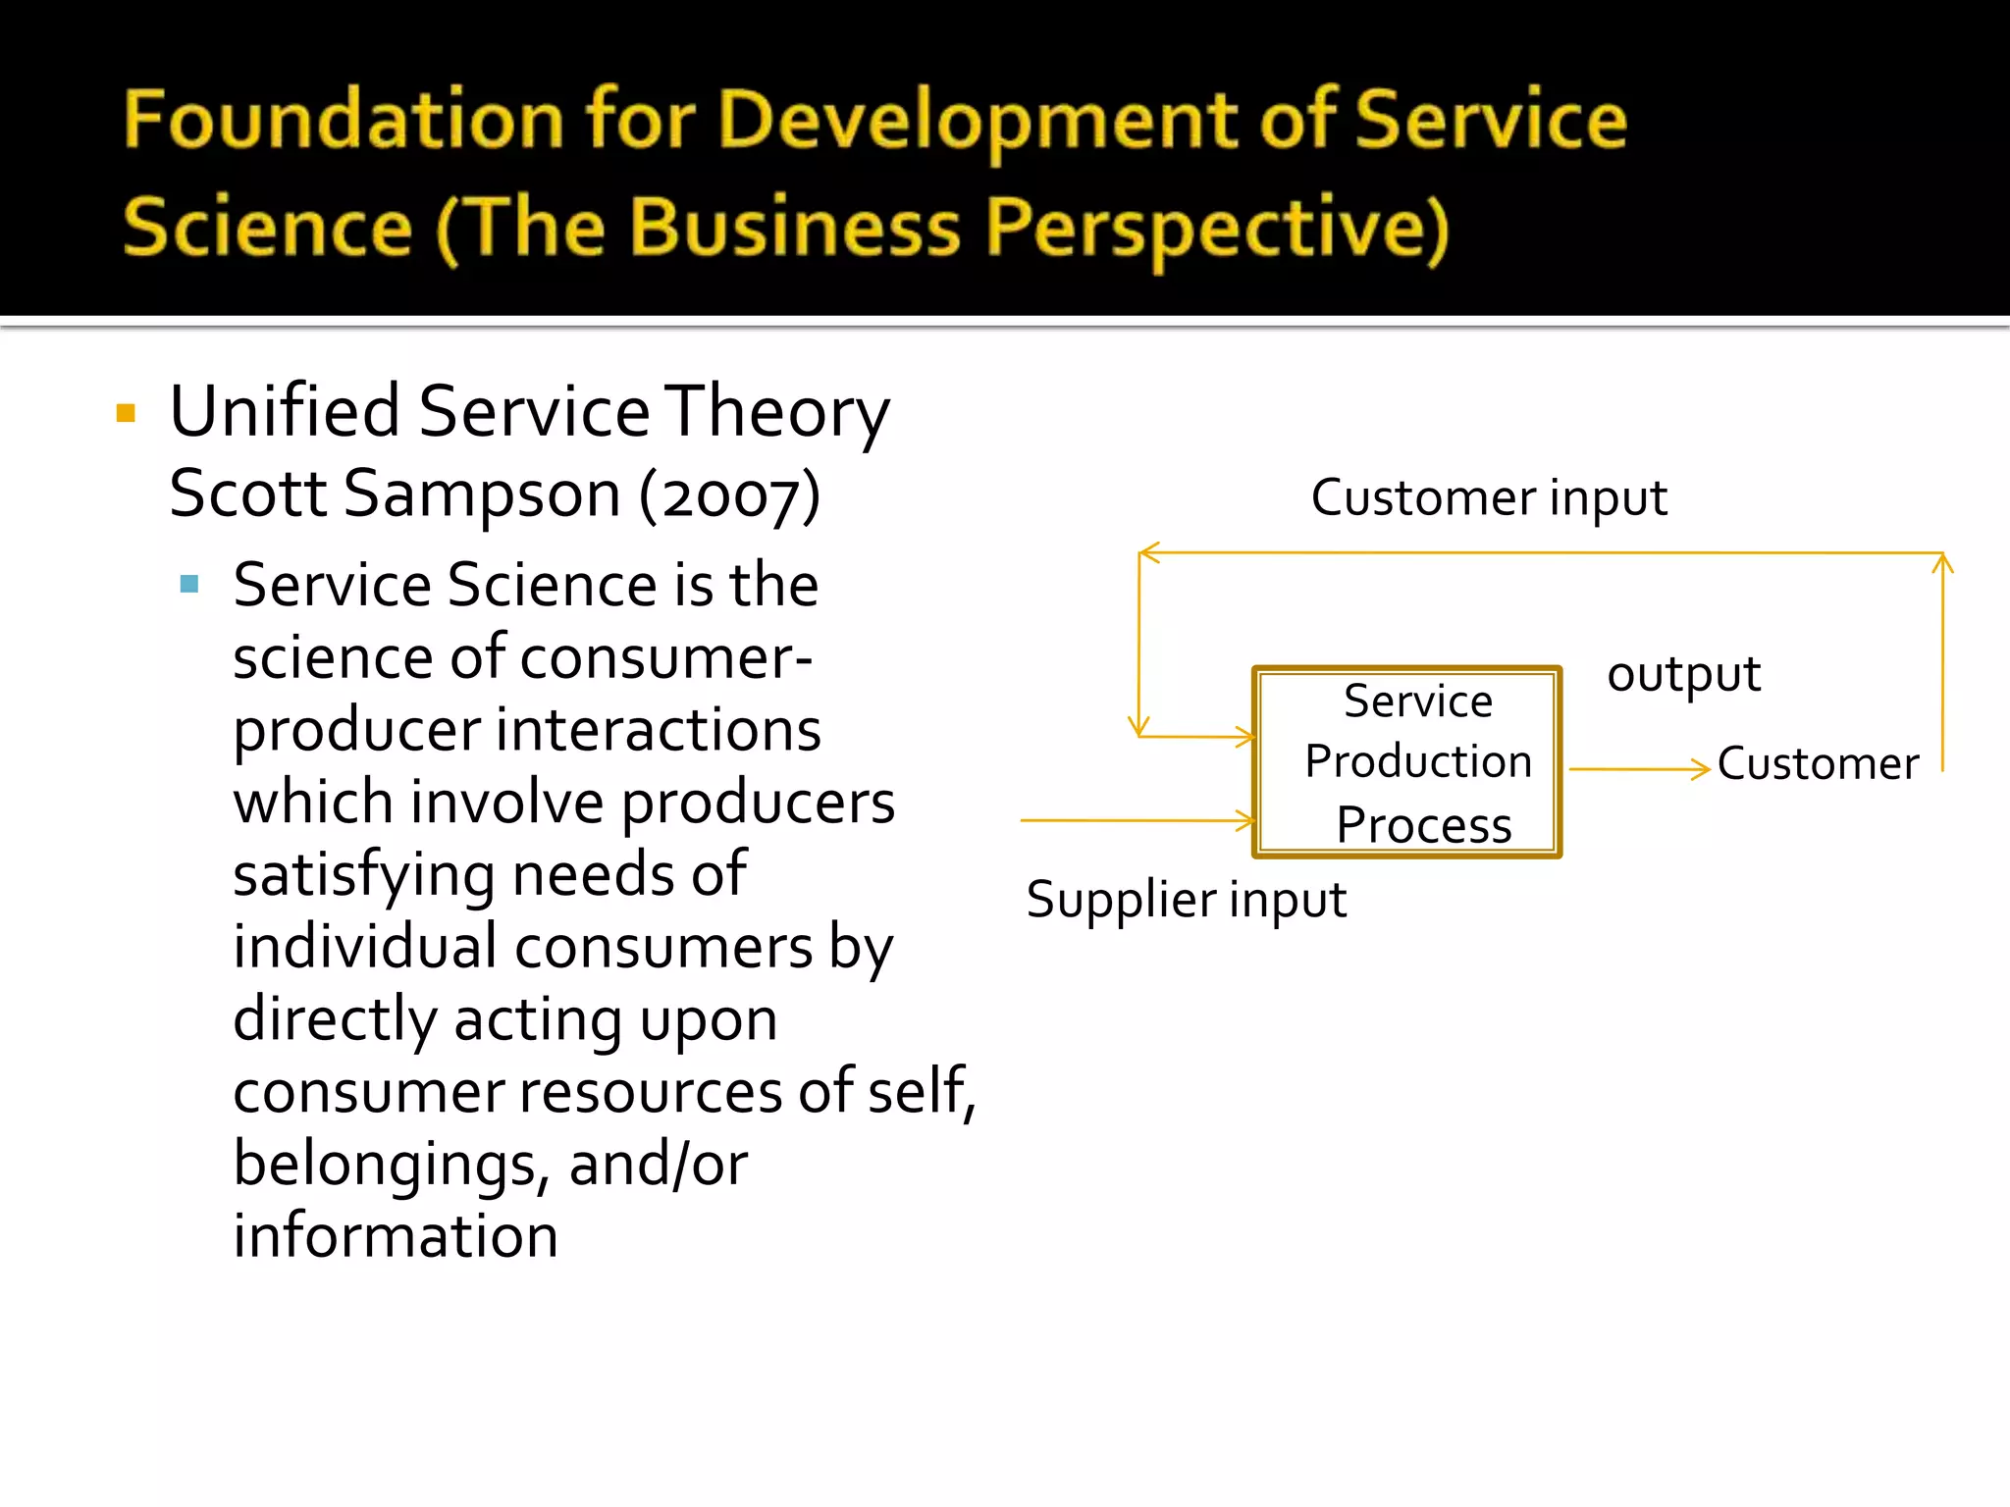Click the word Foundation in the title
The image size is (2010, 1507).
point(343,120)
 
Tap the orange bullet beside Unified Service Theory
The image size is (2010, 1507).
point(126,413)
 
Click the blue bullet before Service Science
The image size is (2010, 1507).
point(189,586)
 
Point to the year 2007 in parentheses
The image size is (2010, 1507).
point(730,495)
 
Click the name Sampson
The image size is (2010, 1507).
point(482,494)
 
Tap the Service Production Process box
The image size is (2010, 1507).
point(1406,762)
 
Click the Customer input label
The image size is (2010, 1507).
point(1488,497)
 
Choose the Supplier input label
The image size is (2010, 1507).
point(1186,900)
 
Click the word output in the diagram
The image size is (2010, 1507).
point(1683,674)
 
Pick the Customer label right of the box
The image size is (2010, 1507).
point(1818,763)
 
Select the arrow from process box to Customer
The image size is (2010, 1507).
point(1639,769)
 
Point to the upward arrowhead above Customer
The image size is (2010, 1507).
point(1942,563)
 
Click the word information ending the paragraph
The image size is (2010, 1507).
point(396,1236)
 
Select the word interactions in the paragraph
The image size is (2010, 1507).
point(658,730)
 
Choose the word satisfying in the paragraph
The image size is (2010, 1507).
point(363,875)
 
